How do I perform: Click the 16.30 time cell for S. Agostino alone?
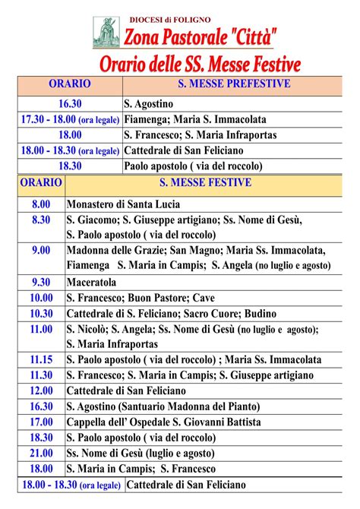(70, 103)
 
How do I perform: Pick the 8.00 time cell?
(41, 204)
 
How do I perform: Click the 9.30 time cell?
(41, 282)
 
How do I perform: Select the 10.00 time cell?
(41, 298)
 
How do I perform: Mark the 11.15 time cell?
(41, 359)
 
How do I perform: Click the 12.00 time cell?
(41, 390)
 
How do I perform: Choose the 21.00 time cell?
(41, 453)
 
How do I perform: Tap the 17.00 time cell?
(41, 422)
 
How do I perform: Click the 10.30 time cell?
(41, 313)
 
